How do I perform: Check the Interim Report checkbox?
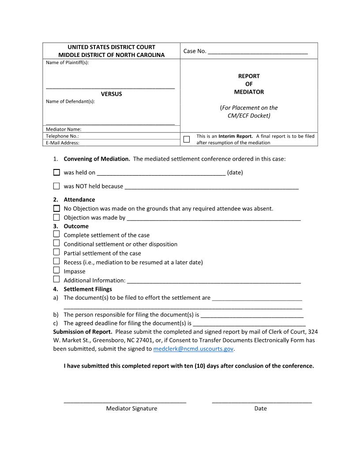click(x=187, y=139)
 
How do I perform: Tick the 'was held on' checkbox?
click(x=56, y=173)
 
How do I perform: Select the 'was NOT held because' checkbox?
click(x=56, y=186)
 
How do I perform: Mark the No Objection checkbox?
click(x=56, y=208)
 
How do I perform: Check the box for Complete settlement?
click(x=56, y=234)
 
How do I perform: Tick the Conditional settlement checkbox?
click(x=56, y=243)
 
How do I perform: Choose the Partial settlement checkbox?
click(x=56, y=252)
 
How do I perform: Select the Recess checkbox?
click(x=56, y=261)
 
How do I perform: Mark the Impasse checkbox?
click(x=56, y=270)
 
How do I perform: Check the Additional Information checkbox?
click(x=56, y=279)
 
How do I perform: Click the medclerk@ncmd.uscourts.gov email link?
click(x=193, y=349)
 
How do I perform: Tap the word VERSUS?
click(x=111, y=94)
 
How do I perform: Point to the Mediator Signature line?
click(x=125, y=401)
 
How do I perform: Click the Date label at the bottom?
click(x=260, y=409)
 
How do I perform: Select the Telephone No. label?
click(x=62, y=136)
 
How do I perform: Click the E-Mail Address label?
click(x=63, y=143)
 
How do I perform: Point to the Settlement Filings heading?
click(x=88, y=289)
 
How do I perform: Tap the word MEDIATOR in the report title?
click(x=249, y=92)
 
